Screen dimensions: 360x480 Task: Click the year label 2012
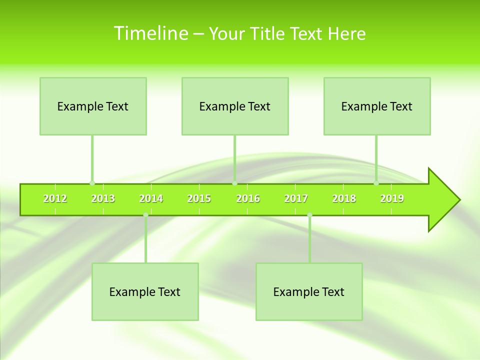(x=55, y=198)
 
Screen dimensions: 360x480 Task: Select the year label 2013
(x=103, y=198)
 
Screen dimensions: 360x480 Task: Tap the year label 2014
(x=151, y=198)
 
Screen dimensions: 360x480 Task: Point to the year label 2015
(x=199, y=198)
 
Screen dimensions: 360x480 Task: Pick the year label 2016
(x=248, y=198)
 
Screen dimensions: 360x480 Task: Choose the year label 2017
(x=296, y=198)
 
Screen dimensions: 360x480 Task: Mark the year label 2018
(x=344, y=198)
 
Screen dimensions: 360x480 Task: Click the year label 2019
(x=392, y=198)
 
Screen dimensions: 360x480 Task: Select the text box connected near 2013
(x=93, y=106)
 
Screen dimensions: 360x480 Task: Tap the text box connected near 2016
(x=235, y=106)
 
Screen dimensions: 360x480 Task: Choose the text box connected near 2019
(x=377, y=106)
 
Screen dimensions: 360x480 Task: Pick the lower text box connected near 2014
(x=145, y=291)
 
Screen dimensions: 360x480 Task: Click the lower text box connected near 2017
(x=309, y=291)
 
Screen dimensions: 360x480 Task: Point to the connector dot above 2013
(x=92, y=183)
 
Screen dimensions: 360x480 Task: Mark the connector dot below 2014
(x=145, y=215)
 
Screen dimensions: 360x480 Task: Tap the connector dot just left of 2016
(x=235, y=183)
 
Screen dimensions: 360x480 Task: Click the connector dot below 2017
(x=309, y=215)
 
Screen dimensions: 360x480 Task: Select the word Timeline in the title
(x=150, y=33)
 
